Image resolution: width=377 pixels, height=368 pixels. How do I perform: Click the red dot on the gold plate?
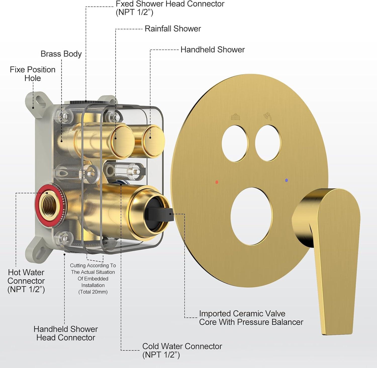(217, 182)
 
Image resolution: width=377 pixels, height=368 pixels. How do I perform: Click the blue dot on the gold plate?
(287, 180)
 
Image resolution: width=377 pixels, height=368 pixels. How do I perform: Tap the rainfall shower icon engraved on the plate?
(235, 117)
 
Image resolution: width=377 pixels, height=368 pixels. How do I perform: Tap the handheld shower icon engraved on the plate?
(267, 116)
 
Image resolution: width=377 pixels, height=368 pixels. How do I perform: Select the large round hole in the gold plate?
(252, 216)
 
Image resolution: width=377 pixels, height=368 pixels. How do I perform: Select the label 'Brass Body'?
(61, 54)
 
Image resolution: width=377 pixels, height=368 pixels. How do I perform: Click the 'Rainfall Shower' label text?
(173, 29)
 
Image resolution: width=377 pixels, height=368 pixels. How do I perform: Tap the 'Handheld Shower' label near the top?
(212, 50)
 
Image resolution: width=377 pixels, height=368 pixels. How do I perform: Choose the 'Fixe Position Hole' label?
(33, 74)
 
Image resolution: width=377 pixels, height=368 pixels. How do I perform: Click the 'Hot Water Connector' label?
(26, 281)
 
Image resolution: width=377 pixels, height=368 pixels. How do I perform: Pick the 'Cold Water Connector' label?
(182, 350)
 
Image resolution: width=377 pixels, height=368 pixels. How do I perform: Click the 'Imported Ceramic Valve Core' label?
(251, 318)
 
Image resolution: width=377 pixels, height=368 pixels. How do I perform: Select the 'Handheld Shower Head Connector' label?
(66, 333)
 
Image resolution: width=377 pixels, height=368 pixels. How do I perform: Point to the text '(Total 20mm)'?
(93, 292)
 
